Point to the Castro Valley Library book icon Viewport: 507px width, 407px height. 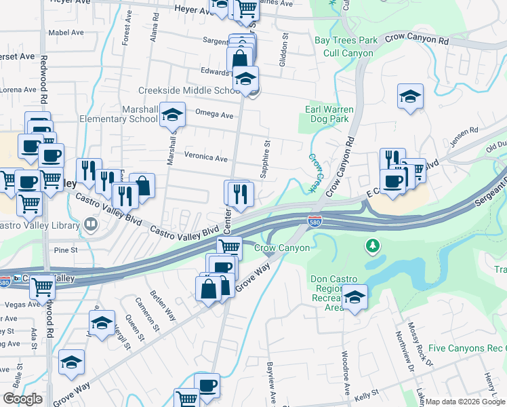tap(90, 224)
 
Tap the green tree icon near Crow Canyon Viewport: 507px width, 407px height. tap(371, 245)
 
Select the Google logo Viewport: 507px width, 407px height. tap(23, 399)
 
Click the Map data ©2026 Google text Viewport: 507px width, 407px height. tap(465, 401)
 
